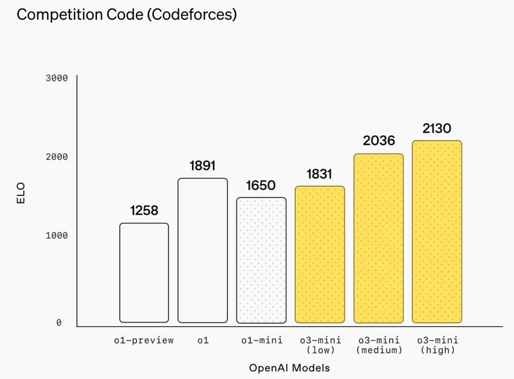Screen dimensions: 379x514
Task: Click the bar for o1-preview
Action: click(144, 273)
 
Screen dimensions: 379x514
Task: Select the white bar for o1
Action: click(203, 251)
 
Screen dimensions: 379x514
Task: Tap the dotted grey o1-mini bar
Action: click(261, 261)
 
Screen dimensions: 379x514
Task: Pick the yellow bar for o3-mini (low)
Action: click(320, 254)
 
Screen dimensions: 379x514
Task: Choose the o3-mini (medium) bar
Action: click(379, 238)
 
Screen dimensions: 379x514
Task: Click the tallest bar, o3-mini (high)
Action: click(437, 231)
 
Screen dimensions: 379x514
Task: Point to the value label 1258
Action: click(144, 211)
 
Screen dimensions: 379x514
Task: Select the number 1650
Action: click(261, 185)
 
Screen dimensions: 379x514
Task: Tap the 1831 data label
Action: click(320, 174)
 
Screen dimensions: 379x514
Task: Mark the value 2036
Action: click(379, 141)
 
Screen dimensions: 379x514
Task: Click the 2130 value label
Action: click(437, 128)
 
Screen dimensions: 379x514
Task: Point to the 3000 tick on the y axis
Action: click(56, 78)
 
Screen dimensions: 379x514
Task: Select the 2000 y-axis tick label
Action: click(56, 158)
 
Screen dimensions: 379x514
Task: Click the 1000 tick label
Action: click(56, 236)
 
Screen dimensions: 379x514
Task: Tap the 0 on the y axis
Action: click(59, 323)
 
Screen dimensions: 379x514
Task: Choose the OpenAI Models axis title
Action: click(289, 368)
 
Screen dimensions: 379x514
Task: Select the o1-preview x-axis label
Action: click(144, 340)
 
